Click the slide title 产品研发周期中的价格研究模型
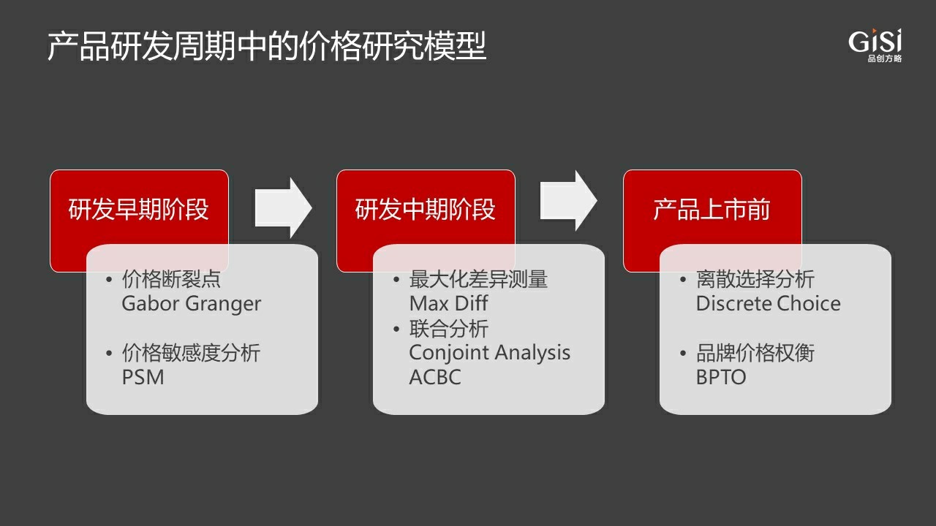[x=267, y=46]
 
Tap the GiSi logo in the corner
[x=875, y=45]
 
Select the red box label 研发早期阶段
[x=139, y=209]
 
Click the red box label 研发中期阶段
[x=426, y=209]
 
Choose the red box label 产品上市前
[x=712, y=209]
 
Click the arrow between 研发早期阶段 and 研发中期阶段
[x=283, y=208]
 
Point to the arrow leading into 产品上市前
[x=569, y=201]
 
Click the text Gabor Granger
[x=192, y=303]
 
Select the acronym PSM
[x=143, y=377]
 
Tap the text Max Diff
[x=448, y=303]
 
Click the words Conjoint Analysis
[x=489, y=353]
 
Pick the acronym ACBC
[x=435, y=377]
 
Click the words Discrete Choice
[x=768, y=303]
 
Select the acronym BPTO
[x=721, y=377]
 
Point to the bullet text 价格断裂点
[x=171, y=279]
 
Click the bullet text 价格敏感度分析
[x=191, y=353]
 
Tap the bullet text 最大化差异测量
[x=478, y=279]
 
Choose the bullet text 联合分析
[x=449, y=329]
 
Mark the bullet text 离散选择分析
[x=755, y=279]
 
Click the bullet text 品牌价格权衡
[x=755, y=353]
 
